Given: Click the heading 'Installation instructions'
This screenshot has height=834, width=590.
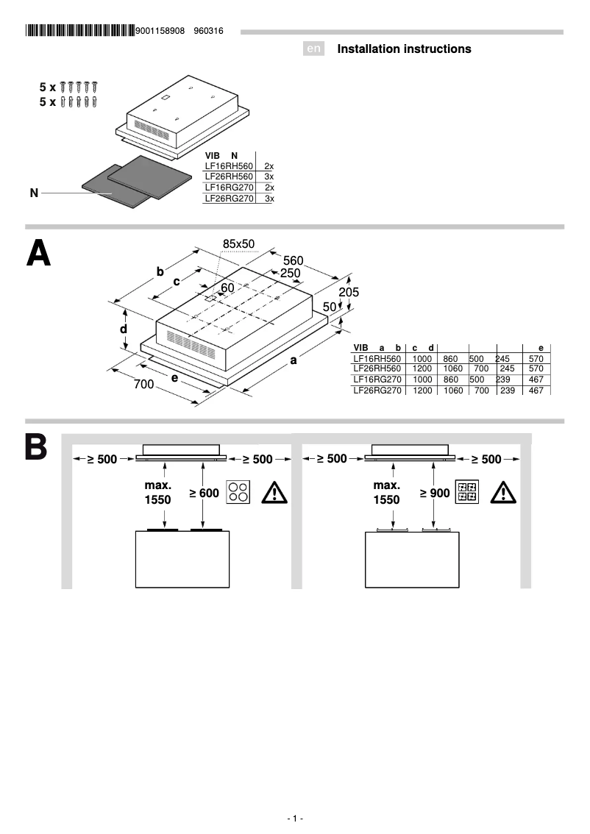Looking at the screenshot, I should click(404, 49).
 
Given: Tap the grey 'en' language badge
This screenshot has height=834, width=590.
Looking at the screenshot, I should click(314, 49).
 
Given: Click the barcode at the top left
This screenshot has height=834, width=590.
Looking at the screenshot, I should click(80, 31).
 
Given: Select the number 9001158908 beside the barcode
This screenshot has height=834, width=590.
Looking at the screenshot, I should click(160, 31).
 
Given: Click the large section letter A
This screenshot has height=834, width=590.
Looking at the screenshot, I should click(38, 254).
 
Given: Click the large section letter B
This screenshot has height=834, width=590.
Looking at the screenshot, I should click(36, 448).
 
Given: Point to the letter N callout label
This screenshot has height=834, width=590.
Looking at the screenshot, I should click(34, 193).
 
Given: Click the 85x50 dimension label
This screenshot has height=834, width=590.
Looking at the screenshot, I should click(238, 243).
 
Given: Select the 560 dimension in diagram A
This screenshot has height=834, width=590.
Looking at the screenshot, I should click(294, 261).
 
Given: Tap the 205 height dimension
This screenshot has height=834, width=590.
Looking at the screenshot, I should click(349, 292).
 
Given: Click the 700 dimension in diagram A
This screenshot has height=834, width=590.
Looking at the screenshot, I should click(143, 384).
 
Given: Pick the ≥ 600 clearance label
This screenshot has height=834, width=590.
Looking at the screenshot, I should click(204, 493).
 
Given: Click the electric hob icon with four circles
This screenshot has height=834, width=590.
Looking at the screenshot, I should click(238, 492).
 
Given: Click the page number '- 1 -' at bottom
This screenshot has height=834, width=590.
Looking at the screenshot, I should click(295, 819).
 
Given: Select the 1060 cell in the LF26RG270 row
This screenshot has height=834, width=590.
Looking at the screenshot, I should click(453, 391).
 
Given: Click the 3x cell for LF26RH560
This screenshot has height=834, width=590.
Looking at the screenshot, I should click(269, 177).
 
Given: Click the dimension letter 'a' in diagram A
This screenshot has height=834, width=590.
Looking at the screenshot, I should click(293, 360).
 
